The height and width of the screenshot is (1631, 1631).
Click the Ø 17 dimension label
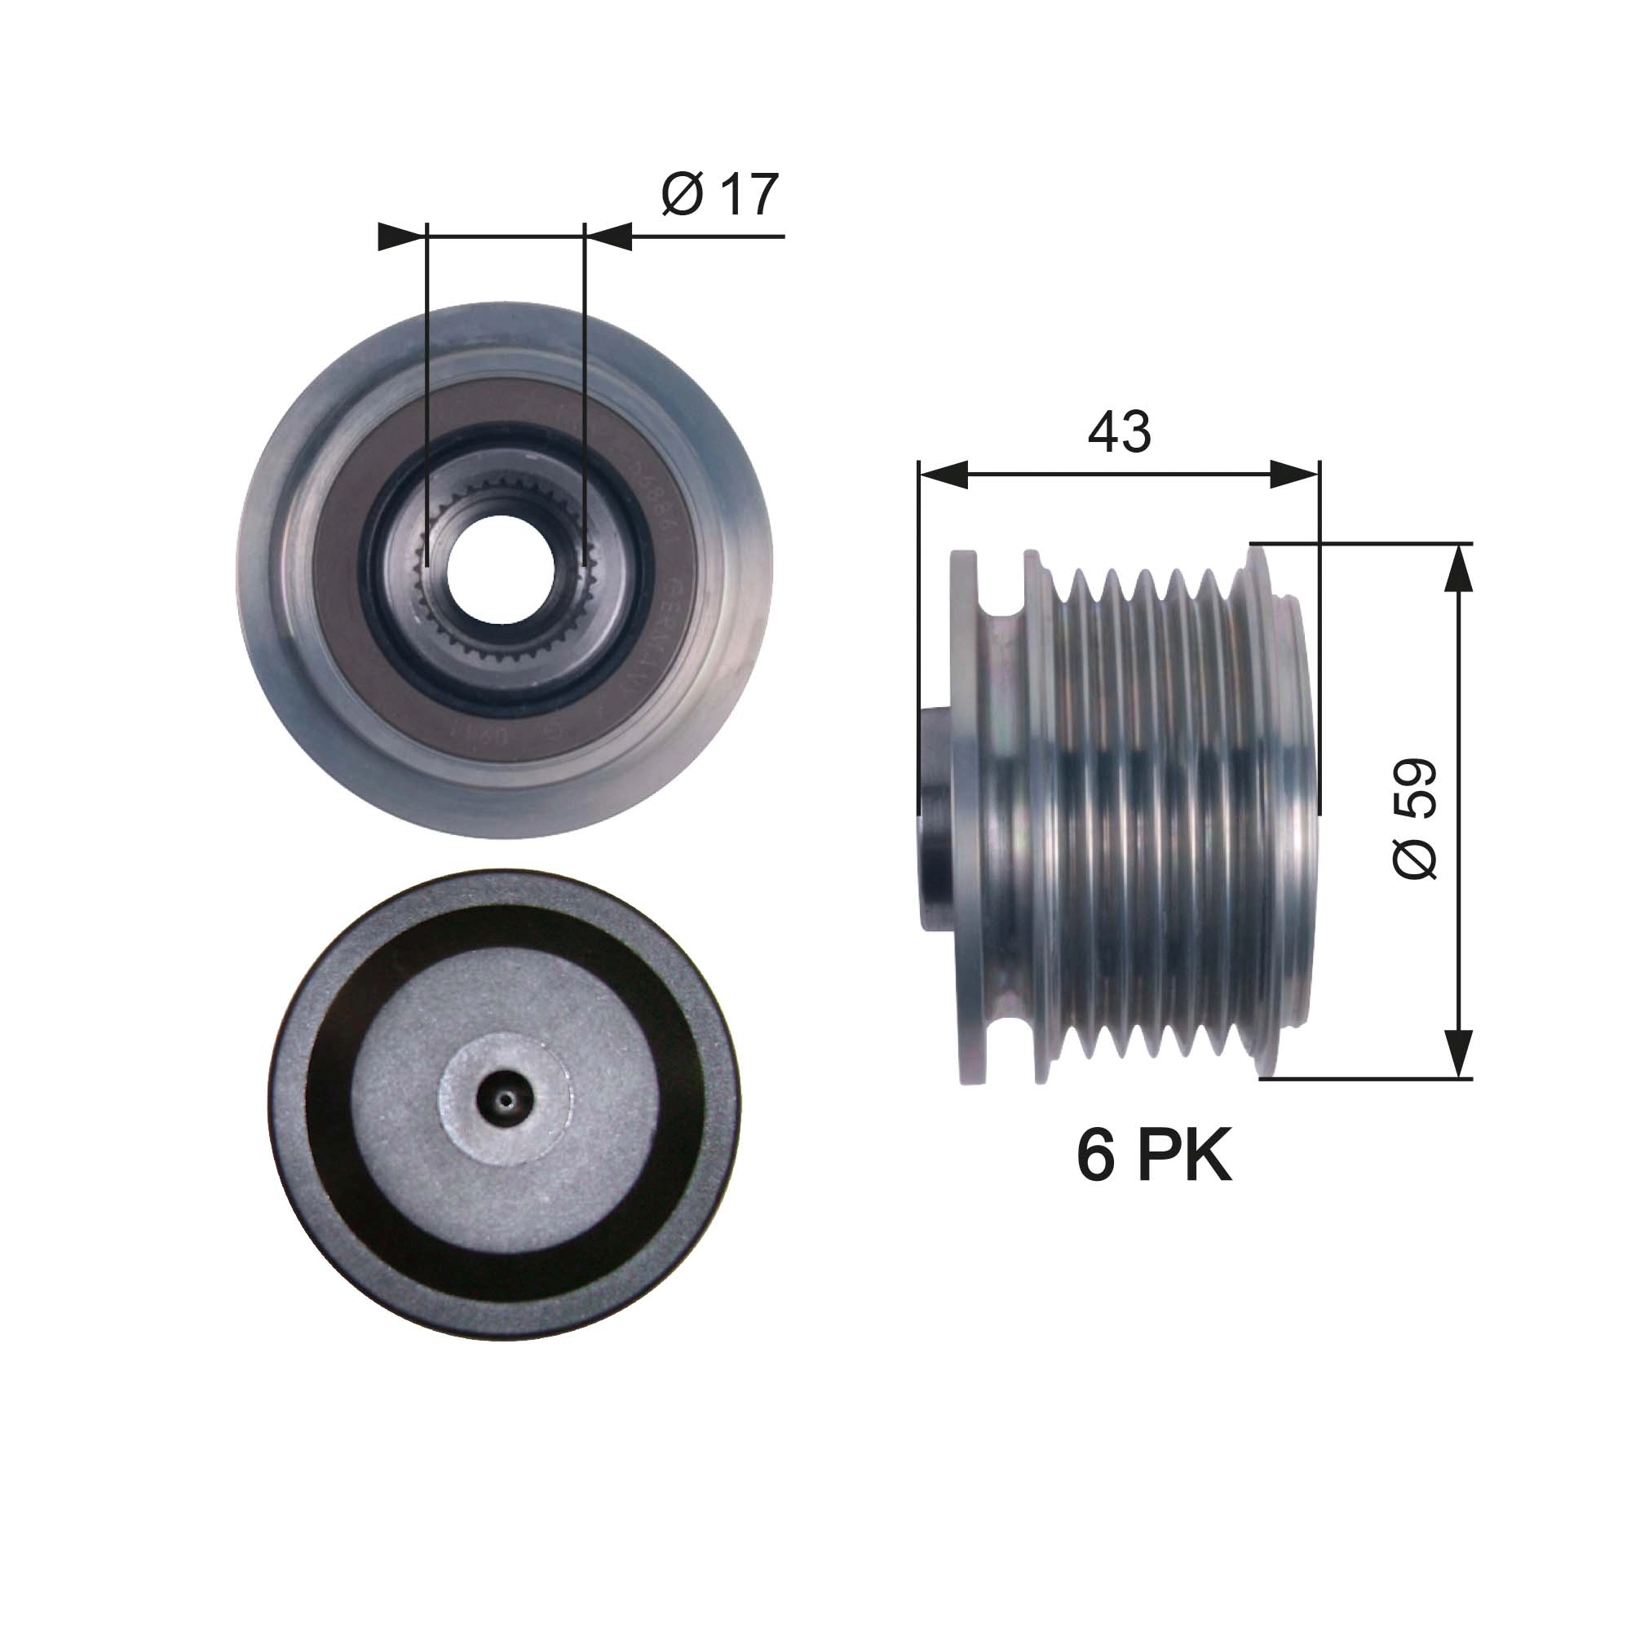(719, 195)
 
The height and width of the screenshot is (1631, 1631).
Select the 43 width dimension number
(1119, 431)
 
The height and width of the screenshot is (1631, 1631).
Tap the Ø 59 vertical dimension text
(1415, 819)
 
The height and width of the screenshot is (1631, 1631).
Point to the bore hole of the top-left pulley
(501, 569)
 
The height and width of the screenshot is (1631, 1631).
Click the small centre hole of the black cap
(505, 1100)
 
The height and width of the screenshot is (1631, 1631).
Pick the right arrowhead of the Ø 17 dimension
(609, 236)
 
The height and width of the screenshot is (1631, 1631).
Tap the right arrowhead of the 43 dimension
(1294, 475)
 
